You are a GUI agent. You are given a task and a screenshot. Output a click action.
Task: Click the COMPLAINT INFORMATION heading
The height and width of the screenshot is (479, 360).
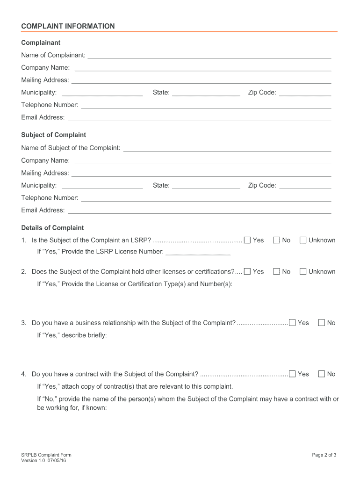coord(68,26)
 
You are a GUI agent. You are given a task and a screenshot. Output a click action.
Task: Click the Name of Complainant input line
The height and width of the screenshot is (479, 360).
coord(209,56)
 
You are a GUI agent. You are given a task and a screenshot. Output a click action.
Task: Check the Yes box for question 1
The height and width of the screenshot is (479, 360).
coord(247,240)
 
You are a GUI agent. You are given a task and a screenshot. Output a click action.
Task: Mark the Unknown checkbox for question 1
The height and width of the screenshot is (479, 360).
coord(303,240)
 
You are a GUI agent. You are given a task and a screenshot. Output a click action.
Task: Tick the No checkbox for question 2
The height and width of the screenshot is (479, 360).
coord(276,272)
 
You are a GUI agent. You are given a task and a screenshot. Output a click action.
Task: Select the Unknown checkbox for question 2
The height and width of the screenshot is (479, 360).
coord(303,272)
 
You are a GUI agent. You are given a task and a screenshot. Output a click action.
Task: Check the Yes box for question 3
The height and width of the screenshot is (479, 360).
coord(292,323)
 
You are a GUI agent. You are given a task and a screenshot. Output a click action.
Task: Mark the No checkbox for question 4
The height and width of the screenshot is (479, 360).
coord(322,374)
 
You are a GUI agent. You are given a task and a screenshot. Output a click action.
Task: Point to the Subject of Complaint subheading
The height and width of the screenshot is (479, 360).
coord(54,135)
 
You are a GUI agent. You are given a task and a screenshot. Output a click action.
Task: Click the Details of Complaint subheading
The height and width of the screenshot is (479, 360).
coord(52,228)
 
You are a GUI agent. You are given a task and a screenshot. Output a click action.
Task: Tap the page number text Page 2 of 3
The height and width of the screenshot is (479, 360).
coord(324,455)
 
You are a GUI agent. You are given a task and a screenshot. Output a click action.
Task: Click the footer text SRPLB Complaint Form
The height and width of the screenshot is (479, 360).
coord(46,455)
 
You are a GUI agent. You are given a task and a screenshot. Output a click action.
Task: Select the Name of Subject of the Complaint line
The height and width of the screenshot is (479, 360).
coord(227,149)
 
